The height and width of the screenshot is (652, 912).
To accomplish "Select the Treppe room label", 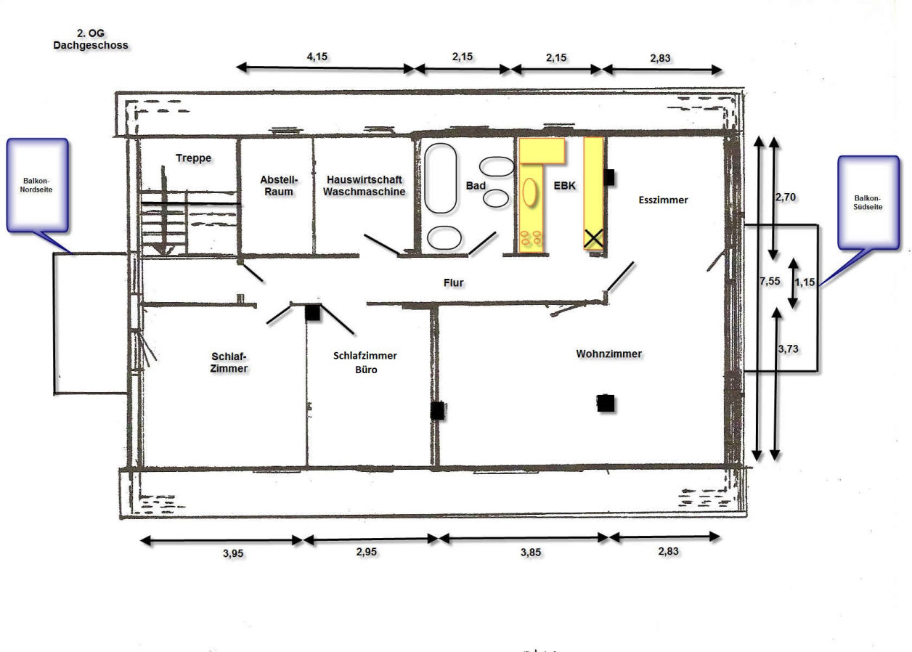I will point(193,158).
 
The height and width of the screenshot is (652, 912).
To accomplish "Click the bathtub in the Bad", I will point(441,178).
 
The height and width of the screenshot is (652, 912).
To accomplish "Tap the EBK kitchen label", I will point(564,186).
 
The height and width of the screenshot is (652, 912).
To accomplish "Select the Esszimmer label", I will point(663,200).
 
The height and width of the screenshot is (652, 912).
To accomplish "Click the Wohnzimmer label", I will point(608,354).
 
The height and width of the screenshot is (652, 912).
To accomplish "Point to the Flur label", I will point(454,282).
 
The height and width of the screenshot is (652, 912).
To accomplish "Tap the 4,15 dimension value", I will point(317,56).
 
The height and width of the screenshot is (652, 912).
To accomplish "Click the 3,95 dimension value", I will point(232,553).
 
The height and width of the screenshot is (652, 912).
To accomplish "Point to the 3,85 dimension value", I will point(530,553).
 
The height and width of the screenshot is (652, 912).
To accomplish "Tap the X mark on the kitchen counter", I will point(594,237).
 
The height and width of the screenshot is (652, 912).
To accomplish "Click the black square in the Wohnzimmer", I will point(606,403).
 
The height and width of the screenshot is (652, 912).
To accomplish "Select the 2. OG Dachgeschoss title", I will point(91,39).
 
